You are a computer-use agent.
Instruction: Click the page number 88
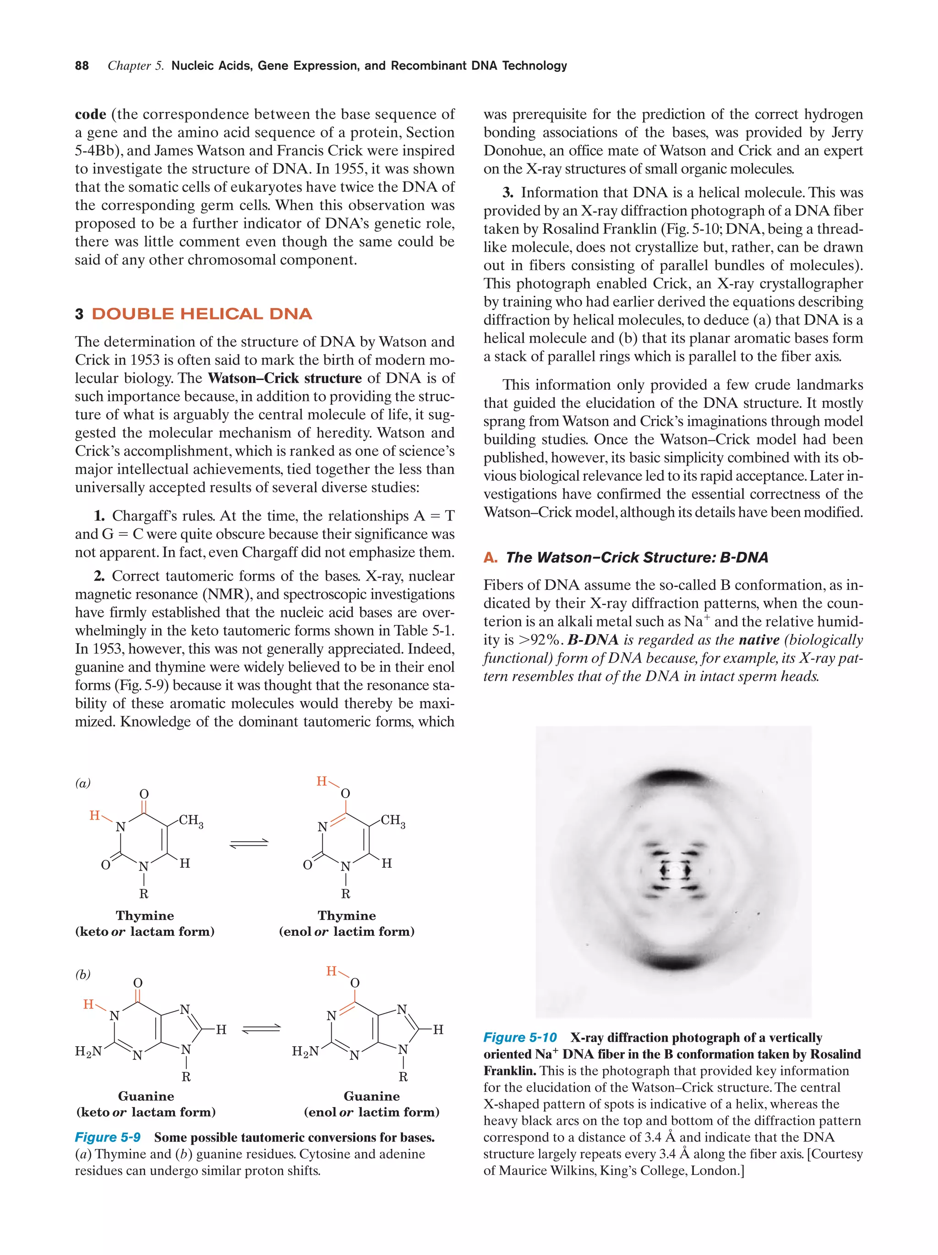click(x=82, y=66)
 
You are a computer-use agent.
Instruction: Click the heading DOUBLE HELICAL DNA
click(x=202, y=314)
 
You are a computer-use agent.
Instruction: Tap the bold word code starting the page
click(x=91, y=114)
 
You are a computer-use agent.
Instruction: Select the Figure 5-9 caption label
click(x=108, y=1137)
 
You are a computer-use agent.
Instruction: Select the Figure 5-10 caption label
click(x=520, y=1037)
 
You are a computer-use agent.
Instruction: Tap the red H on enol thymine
click(x=322, y=781)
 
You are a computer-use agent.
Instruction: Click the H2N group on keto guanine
click(x=88, y=1051)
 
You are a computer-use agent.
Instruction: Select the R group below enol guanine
click(x=403, y=1076)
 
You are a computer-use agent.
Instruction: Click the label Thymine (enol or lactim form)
click(x=347, y=923)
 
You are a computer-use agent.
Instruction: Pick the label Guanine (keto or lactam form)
click(x=146, y=1103)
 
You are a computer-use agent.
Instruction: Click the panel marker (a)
click(x=83, y=783)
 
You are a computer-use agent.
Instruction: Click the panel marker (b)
click(x=83, y=974)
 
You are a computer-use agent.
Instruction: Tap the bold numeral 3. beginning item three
click(x=508, y=193)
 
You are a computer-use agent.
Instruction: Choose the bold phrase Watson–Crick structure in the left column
click(x=284, y=379)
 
